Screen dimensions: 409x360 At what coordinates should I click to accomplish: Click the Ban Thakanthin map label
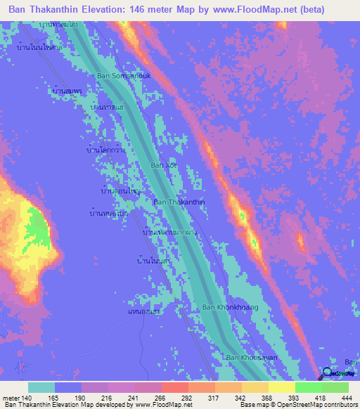coord(179,202)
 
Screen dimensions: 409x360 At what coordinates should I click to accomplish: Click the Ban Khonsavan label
coord(252,358)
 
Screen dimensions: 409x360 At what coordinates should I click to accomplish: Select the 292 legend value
coord(188,397)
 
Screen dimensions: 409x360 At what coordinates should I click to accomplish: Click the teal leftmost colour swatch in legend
coord(41,387)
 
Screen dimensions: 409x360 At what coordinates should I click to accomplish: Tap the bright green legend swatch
coord(308,387)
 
